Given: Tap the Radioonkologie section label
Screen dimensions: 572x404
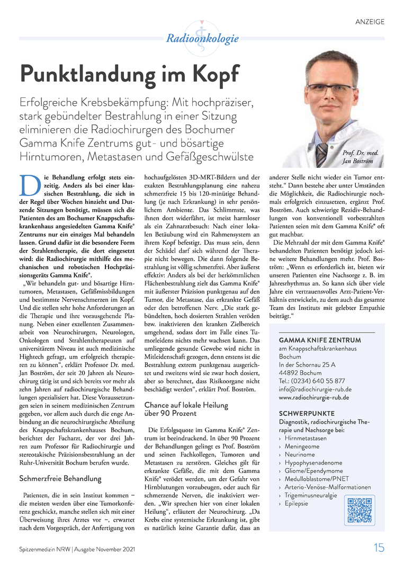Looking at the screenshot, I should tap(202, 39).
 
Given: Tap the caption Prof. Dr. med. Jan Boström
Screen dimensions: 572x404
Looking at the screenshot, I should tap(358, 156).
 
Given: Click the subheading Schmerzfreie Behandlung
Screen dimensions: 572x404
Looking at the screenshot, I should tap(60, 478).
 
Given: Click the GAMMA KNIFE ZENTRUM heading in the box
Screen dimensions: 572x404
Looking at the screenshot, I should tap(319, 340).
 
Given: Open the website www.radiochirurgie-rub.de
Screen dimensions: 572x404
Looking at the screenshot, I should tap(313, 397).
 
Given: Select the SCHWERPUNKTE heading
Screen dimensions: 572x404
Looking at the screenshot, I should tap(306, 413).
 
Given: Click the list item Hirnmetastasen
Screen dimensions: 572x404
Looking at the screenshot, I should tap(306, 439).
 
